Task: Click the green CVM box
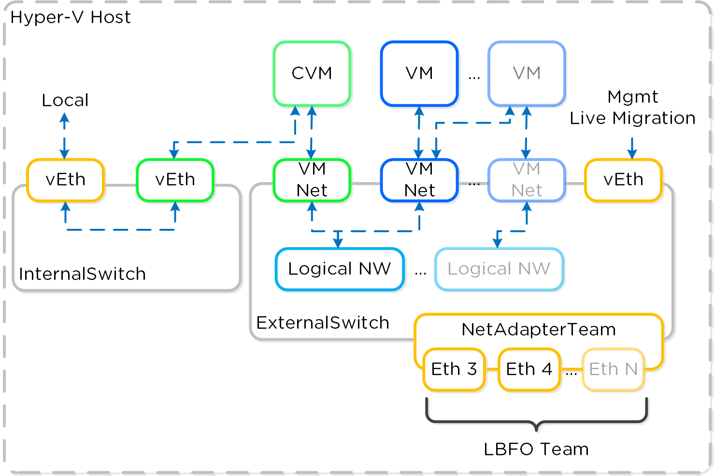pos(312,73)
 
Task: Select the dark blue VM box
pos(419,73)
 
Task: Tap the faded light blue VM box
pos(527,73)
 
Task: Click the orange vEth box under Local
pos(65,180)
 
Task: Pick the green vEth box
pos(175,180)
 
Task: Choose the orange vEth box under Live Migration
pos(623,180)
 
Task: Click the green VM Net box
pos(312,180)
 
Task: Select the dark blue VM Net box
pos(419,180)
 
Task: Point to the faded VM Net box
pos(527,180)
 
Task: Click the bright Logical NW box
pos(339,269)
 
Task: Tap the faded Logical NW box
pos(499,269)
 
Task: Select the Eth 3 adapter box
pos(454,369)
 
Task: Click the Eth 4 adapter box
pos(529,369)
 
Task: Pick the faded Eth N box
pos(613,369)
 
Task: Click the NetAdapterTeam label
pos(539,330)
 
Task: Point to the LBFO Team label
pos(536,449)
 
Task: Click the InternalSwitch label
pos(82,274)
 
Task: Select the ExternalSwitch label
pos(323,323)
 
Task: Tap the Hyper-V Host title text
pos(71,17)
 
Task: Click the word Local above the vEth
pos(65,100)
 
